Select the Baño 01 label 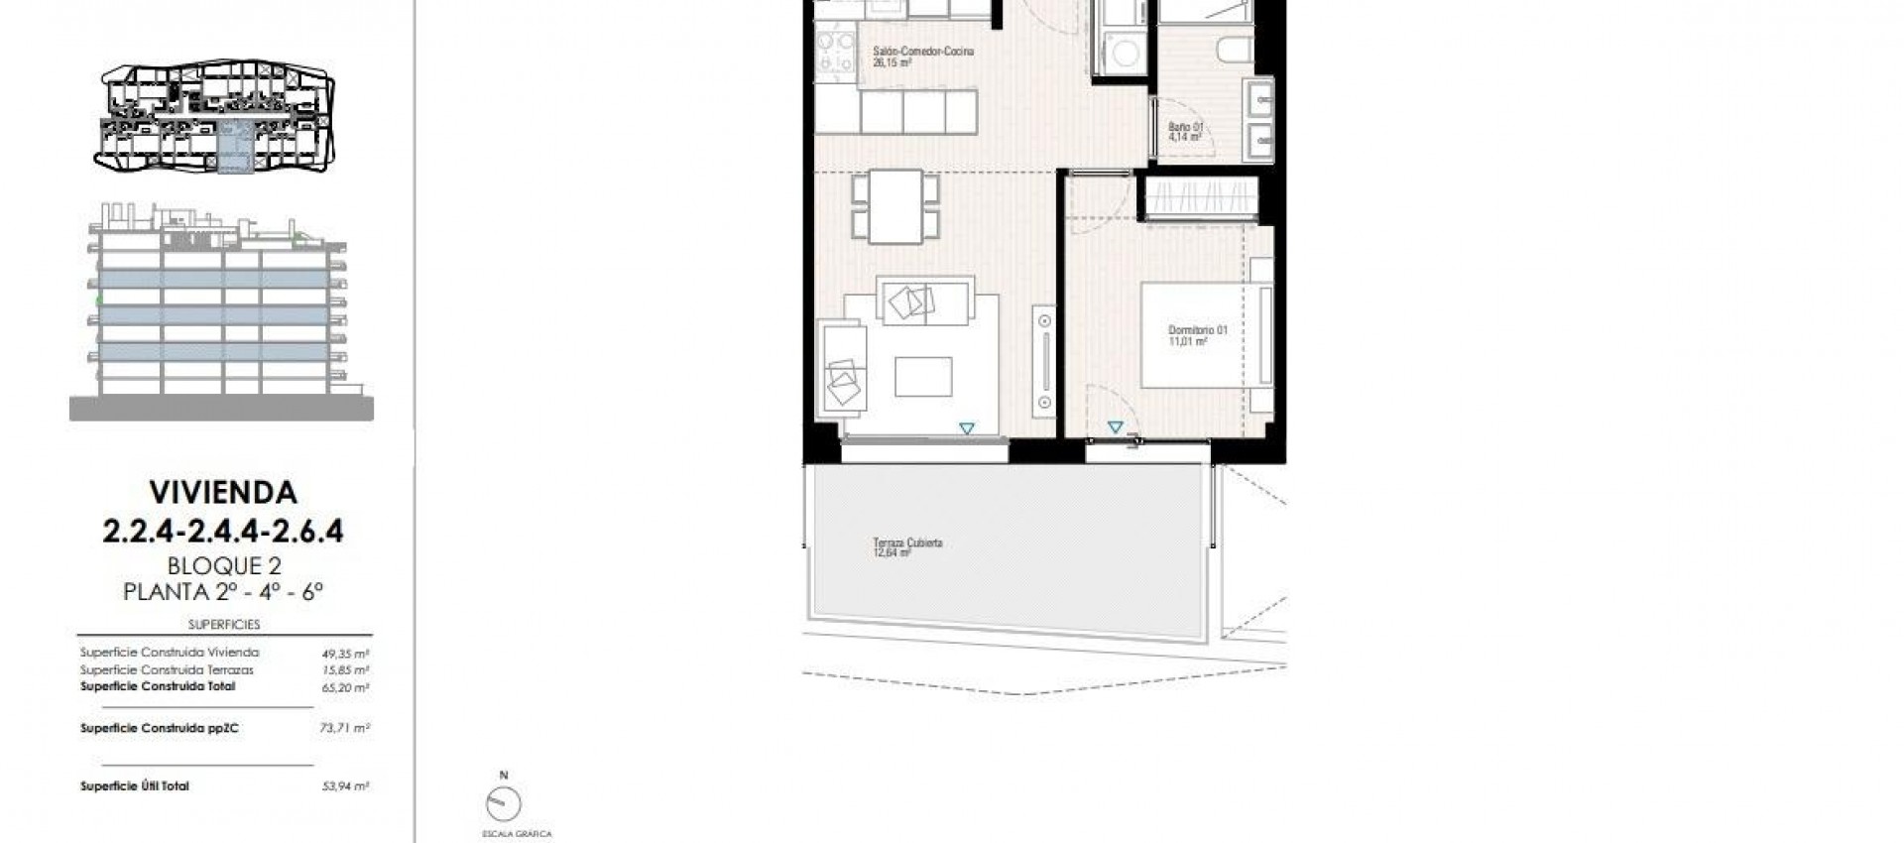pos(1185,128)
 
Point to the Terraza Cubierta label pos(907,543)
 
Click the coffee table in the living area pos(923,377)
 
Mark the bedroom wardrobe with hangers pos(1201,195)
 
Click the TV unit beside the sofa pos(1045,361)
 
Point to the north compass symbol pos(504,802)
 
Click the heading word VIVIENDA pos(222,492)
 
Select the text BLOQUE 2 pos(224,566)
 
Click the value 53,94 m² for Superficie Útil pos(345,786)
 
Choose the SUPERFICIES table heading pos(224,625)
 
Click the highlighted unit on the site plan pos(234,149)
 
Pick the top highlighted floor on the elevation pos(213,279)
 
